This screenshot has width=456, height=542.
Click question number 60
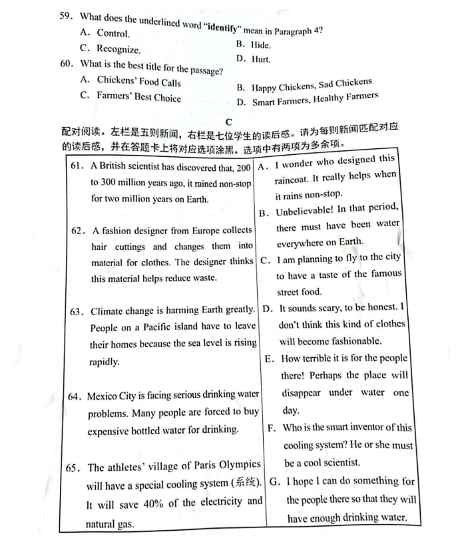(x=65, y=65)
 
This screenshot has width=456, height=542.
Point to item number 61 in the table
(x=79, y=166)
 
